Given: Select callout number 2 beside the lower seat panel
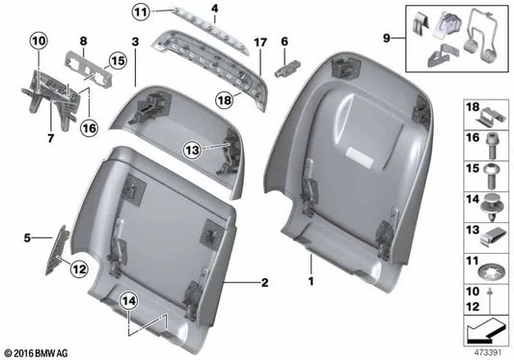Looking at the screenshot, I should tap(262, 284).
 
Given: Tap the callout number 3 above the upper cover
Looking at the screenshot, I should tap(136, 42).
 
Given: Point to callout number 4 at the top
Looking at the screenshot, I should tap(214, 9).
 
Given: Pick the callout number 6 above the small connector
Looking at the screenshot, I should tap(285, 42).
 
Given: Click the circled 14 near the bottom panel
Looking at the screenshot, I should tap(129, 302).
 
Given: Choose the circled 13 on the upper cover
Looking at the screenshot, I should tap(192, 149).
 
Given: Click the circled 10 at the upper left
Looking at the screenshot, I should tap(38, 42).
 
